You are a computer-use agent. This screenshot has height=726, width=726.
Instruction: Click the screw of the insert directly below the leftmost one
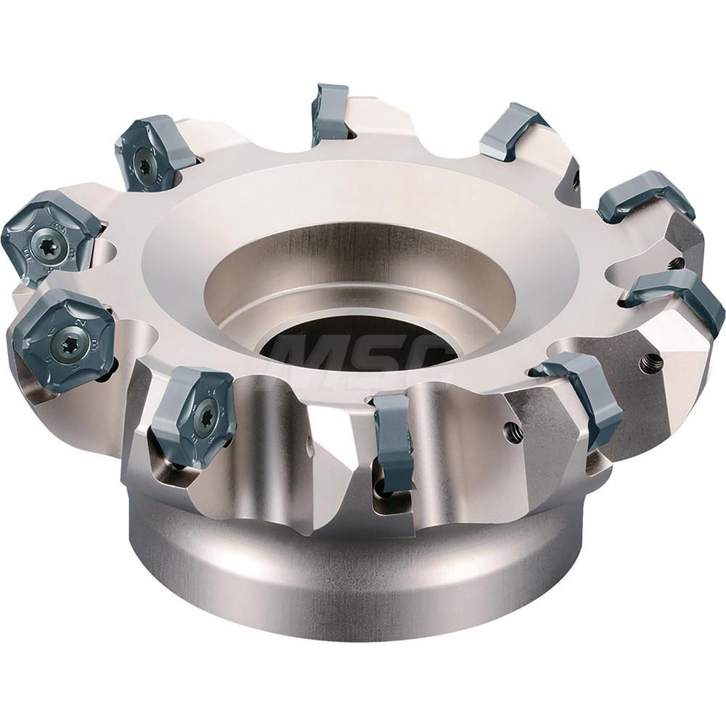[70, 339]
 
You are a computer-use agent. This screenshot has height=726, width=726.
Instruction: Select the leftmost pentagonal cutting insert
[49, 236]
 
